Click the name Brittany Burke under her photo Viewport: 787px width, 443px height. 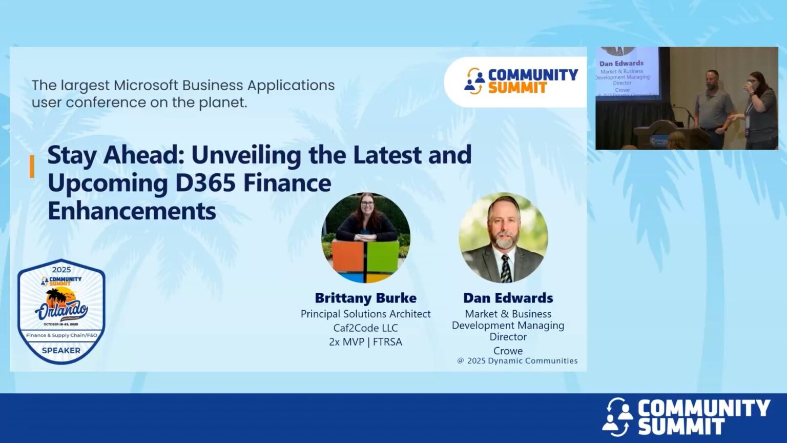point(365,298)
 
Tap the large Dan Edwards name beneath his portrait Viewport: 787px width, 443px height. point(508,298)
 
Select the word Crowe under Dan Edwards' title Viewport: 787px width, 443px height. point(508,351)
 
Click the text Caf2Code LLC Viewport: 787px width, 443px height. point(365,328)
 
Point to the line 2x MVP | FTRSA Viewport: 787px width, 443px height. point(365,341)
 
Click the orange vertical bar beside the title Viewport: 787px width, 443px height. point(32,167)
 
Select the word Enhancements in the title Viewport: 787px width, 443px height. point(132,211)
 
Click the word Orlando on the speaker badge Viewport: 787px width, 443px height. point(61,309)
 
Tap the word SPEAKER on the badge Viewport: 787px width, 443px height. point(61,351)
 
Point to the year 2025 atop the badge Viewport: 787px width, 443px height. point(61,270)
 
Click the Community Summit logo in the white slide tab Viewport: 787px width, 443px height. point(521,81)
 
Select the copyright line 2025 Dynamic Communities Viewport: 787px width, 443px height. point(517,361)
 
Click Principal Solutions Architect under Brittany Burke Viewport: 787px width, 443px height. point(365,314)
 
